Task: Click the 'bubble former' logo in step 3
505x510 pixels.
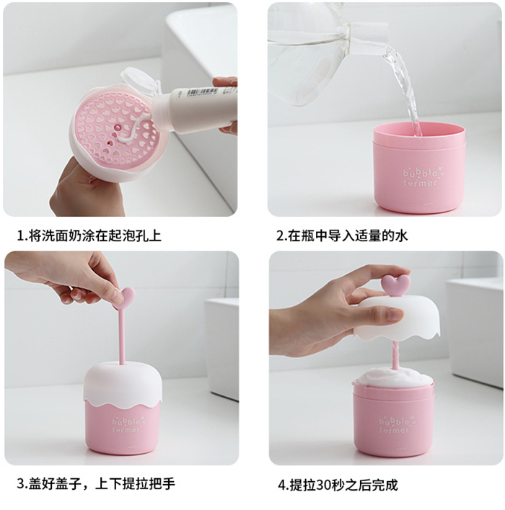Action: tap(127, 424)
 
